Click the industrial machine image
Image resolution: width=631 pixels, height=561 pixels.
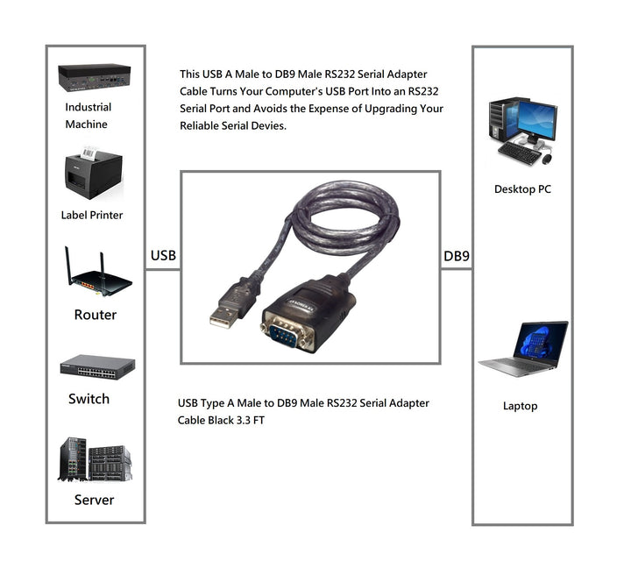pyautogui.click(x=94, y=78)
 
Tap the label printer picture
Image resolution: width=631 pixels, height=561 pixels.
pyautogui.click(x=92, y=174)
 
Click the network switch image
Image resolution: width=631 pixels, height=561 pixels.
pyautogui.click(x=97, y=366)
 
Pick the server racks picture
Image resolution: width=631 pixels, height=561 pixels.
pyautogui.click(x=95, y=459)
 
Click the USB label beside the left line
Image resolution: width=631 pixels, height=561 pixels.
pyautogui.click(x=163, y=256)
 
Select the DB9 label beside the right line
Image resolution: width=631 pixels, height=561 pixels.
pyautogui.click(x=457, y=256)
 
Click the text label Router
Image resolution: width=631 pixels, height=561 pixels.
pyautogui.click(x=95, y=315)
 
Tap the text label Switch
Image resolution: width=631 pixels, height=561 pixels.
pyautogui.click(x=89, y=399)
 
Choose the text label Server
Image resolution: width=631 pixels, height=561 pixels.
pyautogui.click(x=94, y=500)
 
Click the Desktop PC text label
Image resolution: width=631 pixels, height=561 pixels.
pyautogui.click(x=522, y=189)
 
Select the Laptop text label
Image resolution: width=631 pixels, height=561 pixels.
pyautogui.click(x=520, y=406)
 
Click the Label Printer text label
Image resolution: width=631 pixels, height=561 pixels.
pyautogui.click(x=92, y=215)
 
